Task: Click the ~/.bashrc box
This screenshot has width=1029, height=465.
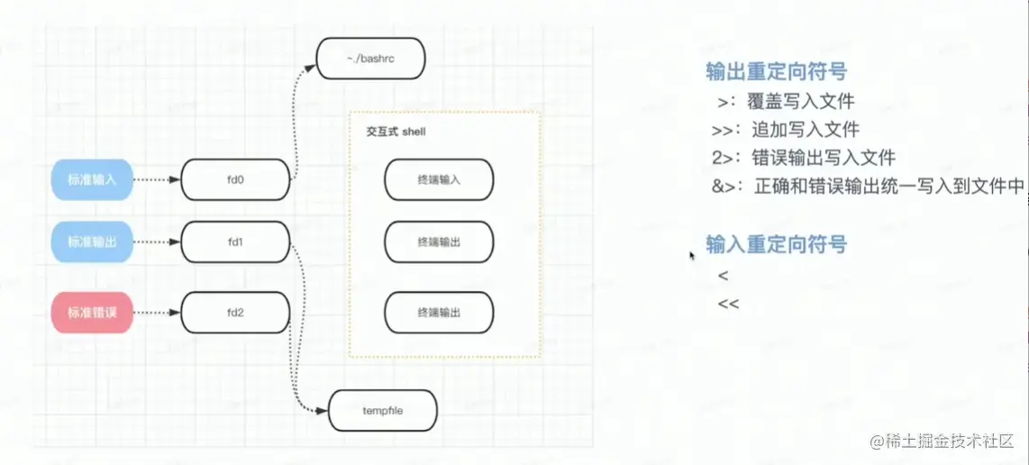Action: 370,58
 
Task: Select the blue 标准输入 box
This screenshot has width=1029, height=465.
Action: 92,179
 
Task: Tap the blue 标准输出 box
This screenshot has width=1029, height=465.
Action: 92,242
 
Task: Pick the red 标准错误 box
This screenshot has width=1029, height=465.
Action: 92,314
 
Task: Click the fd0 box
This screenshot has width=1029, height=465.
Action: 236,179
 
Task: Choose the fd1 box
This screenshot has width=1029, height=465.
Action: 236,242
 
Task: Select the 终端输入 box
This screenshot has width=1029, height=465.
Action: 439,179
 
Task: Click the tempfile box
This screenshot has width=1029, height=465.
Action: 383,410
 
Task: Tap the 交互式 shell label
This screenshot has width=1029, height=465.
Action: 396,132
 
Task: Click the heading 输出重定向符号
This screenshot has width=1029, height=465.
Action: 776,72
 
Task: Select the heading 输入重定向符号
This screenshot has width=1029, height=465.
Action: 776,244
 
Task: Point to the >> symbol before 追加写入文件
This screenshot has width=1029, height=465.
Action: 726,129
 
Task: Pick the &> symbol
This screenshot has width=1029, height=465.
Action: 726,187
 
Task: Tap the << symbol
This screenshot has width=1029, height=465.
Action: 728,304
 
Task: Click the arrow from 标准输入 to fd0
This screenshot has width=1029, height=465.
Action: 157,179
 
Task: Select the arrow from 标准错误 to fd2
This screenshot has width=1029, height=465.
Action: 157,314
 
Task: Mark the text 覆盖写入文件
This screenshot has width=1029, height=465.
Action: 804,101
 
